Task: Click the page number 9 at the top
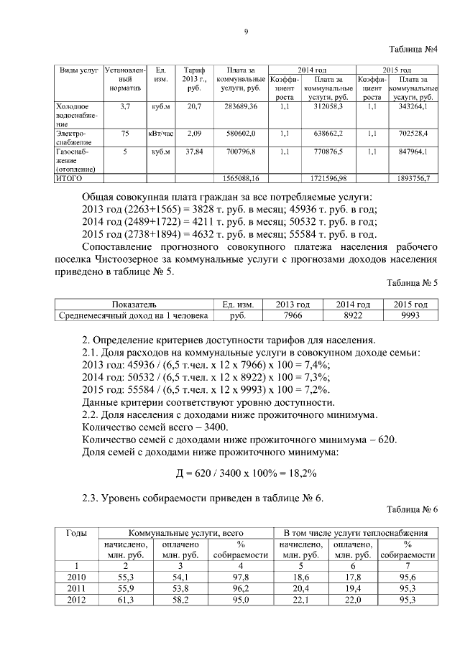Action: point(246,32)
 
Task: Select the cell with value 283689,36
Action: point(241,106)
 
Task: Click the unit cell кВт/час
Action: point(161,134)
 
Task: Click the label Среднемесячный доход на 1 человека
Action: point(134,315)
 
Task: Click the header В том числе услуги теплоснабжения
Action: point(356,532)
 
